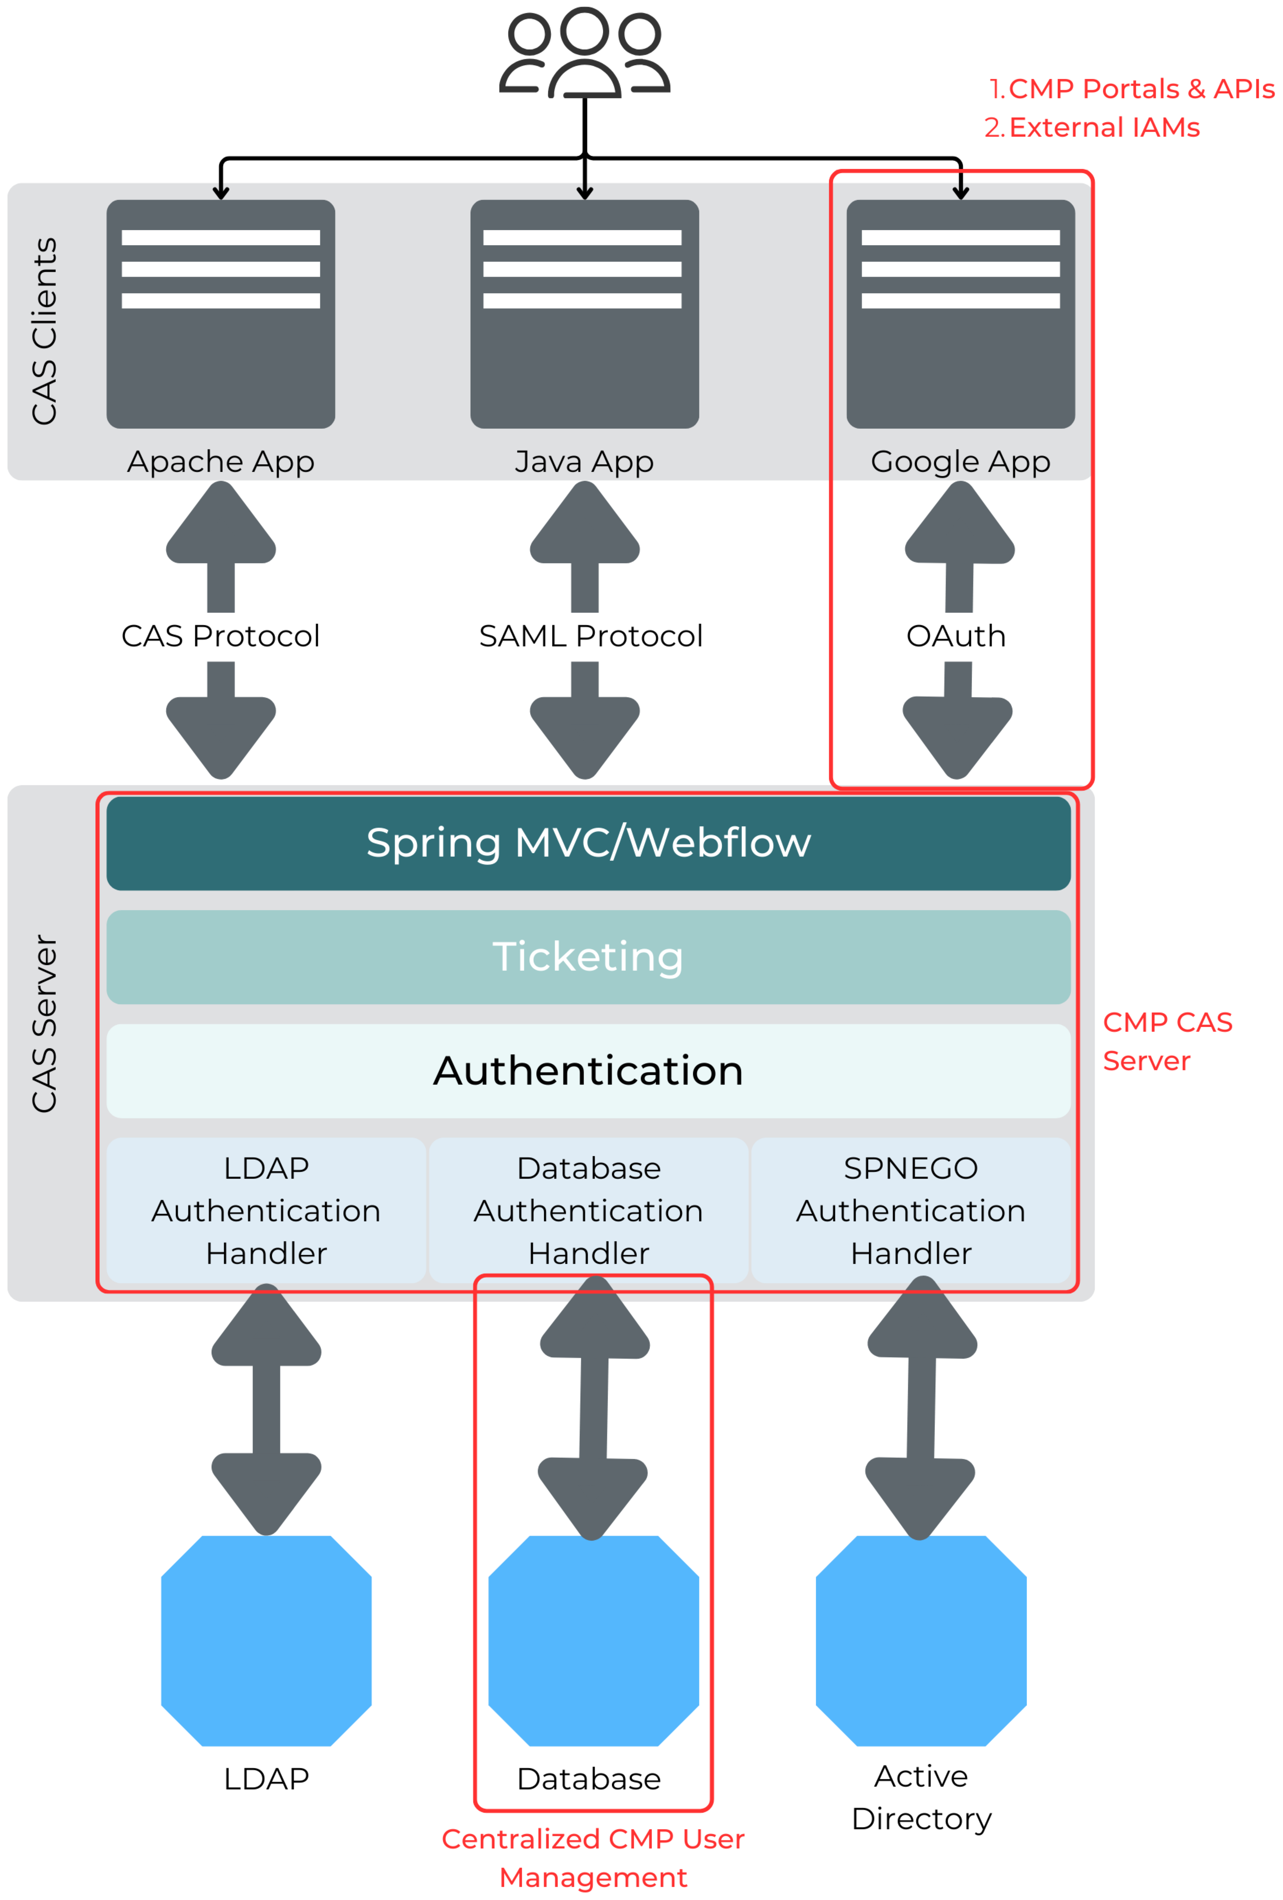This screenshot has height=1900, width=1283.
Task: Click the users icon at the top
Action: point(585,53)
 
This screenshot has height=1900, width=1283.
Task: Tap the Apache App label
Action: point(221,462)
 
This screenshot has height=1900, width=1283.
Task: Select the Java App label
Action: point(584,462)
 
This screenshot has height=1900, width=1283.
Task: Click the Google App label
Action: point(960,462)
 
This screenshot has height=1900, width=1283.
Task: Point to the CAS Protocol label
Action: point(221,636)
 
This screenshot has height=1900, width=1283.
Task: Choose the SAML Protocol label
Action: point(590,636)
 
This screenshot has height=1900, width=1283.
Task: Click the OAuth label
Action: point(956,636)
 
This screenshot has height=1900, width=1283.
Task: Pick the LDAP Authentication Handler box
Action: point(266,1210)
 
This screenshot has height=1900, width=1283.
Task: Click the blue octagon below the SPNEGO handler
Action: point(921,1640)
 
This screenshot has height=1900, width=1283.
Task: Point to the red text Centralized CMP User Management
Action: point(593,1857)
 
